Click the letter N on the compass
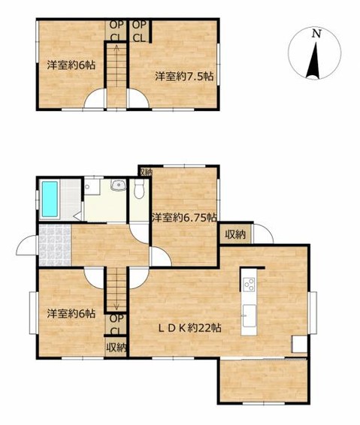[x=316, y=34]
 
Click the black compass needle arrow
[x=313, y=62]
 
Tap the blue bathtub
[x=50, y=199]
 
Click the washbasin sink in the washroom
[x=118, y=185]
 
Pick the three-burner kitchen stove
[x=249, y=285]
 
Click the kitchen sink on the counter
[x=249, y=316]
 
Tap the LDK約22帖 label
[x=189, y=328]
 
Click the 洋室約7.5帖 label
[x=184, y=77]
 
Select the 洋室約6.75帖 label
[x=184, y=217]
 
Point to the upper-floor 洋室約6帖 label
[x=71, y=65]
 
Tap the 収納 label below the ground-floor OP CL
[x=116, y=347]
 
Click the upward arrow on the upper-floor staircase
[x=116, y=65]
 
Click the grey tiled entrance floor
[x=55, y=245]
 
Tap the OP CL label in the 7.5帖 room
[x=139, y=32]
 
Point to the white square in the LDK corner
[x=300, y=344]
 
